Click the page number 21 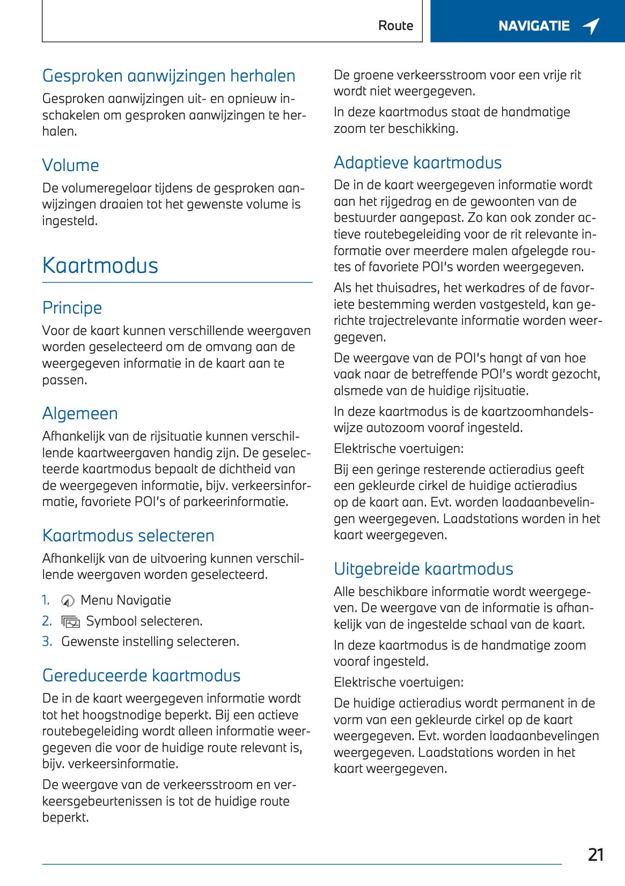(595, 854)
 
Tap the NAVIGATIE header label (534, 26)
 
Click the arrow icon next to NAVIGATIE (591, 26)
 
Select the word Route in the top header (395, 26)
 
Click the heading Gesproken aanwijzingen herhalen (168, 76)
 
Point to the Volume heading (70, 165)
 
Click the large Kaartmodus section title (100, 266)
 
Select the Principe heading (72, 308)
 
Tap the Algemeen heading (80, 413)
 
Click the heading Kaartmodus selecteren (128, 535)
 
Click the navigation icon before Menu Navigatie (68, 601)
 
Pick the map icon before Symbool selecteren (70, 622)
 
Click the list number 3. (47, 642)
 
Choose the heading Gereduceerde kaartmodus (141, 675)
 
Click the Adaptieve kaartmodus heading (417, 162)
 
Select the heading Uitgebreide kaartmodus (423, 569)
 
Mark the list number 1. (46, 600)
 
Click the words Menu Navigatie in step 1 (126, 600)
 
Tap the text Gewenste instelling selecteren (150, 642)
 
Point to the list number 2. (47, 621)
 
